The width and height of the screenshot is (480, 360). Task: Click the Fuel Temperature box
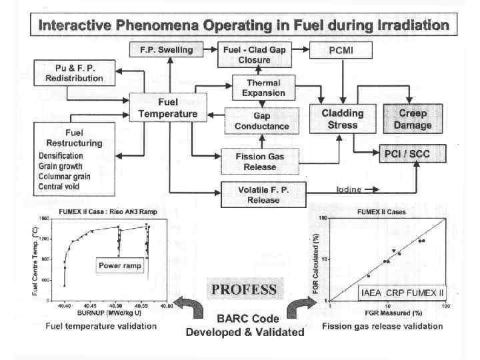click(167, 107)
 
